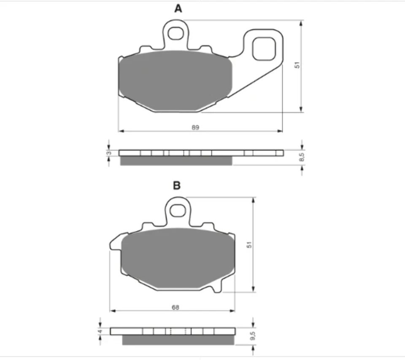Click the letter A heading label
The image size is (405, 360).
click(178, 8)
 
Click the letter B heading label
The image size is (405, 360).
click(177, 185)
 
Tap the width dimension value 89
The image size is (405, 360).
click(195, 127)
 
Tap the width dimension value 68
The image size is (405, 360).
click(175, 307)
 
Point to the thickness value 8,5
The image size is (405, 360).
click(301, 158)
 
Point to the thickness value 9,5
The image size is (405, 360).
click(252, 336)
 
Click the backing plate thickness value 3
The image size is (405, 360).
click(109, 153)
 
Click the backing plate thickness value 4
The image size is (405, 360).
click(100, 331)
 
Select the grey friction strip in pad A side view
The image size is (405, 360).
click(176, 161)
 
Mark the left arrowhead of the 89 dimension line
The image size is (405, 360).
click(120, 131)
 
